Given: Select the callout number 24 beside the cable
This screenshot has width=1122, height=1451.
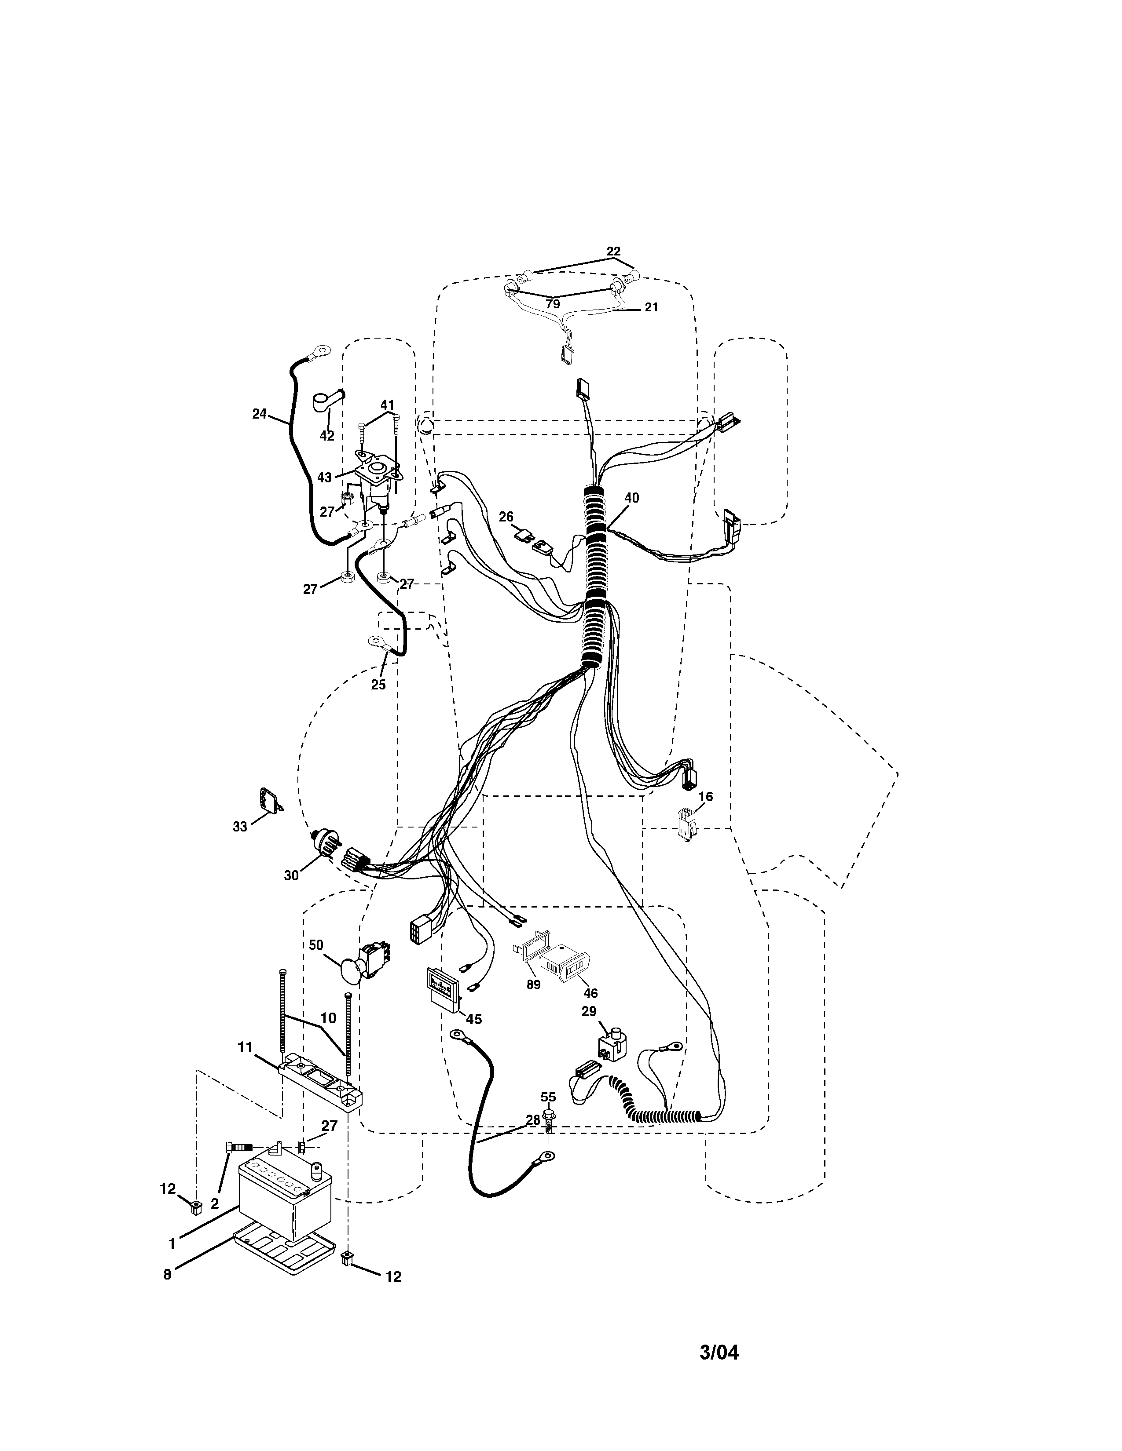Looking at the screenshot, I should coord(259,414).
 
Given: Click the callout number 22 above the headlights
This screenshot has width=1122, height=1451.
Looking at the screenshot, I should coord(613,251).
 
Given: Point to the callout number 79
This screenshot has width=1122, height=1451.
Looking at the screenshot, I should coord(552,304).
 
